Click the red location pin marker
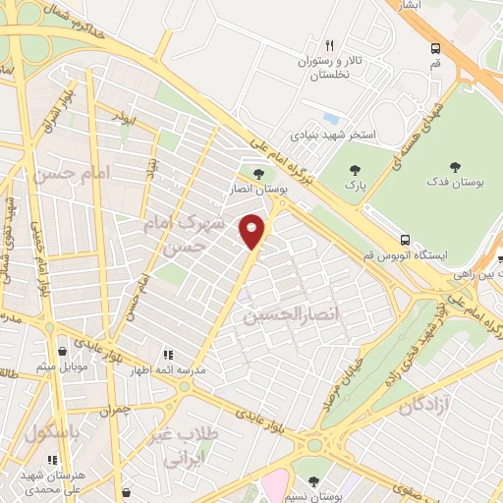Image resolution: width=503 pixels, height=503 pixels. click(x=252, y=231)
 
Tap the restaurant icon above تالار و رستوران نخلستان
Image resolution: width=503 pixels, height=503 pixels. click(x=329, y=45)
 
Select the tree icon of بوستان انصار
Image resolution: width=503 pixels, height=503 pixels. click(x=258, y=174)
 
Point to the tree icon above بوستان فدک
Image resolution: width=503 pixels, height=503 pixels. click(x=453, y=167)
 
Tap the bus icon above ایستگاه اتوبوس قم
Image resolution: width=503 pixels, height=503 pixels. click(x=405, y=239)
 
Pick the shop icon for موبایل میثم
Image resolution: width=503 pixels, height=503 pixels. click(x=63, y=351)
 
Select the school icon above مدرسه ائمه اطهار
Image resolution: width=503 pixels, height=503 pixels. click(x=168, y=355)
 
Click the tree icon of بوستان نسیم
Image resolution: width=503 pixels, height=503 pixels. click(x=313, y=481)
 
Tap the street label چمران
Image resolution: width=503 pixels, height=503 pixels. click(x=115, y=408)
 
